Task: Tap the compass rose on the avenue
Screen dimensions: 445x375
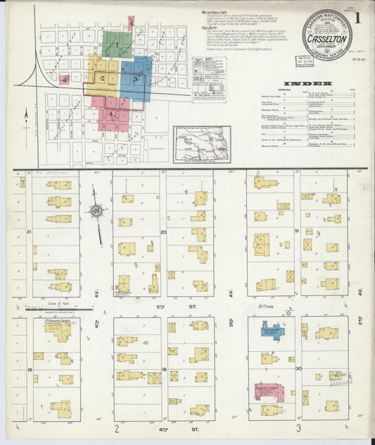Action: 97,210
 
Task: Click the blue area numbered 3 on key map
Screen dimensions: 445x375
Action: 136,78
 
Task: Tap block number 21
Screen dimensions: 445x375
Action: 29,231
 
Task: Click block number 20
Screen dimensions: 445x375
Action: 163,232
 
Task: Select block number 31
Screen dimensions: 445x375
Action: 297,231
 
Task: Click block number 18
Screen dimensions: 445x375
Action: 29,369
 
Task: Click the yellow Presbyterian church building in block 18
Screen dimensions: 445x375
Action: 58,329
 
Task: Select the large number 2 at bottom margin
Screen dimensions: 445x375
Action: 118,428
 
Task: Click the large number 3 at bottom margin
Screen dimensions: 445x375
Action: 299,428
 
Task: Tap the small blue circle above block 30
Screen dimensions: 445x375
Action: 286,310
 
